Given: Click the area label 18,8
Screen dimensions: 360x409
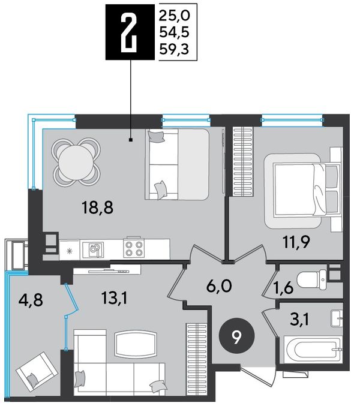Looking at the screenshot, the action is click(x=97, y=208).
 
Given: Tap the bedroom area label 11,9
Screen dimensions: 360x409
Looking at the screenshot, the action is click(x=296, y=242).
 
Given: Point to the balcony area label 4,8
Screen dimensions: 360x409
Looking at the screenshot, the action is click(x=31, y=300).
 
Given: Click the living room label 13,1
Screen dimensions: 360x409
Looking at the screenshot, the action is click(x=115, y=299).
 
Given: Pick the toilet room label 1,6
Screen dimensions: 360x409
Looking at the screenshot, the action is click(x=284, y=288).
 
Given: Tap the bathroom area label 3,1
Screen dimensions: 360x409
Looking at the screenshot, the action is click(x=299, y=320).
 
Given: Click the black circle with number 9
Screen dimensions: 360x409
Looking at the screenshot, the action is click(x=236, y=339).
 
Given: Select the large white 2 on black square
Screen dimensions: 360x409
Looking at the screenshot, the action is click(x=129, y=32).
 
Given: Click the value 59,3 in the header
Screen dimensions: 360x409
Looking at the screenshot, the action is click(x=174, y=49).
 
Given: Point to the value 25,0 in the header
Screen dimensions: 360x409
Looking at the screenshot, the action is click(x=174, y=16).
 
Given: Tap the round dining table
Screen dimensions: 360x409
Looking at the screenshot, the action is click(x=76, y=163).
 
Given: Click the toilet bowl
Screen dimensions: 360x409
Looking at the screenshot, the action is click(x=312, y=279).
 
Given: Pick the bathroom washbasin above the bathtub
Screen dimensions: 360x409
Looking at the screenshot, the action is click(x=337, y=318).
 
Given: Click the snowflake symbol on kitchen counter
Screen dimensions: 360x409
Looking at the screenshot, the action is click(x=70, y=251).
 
